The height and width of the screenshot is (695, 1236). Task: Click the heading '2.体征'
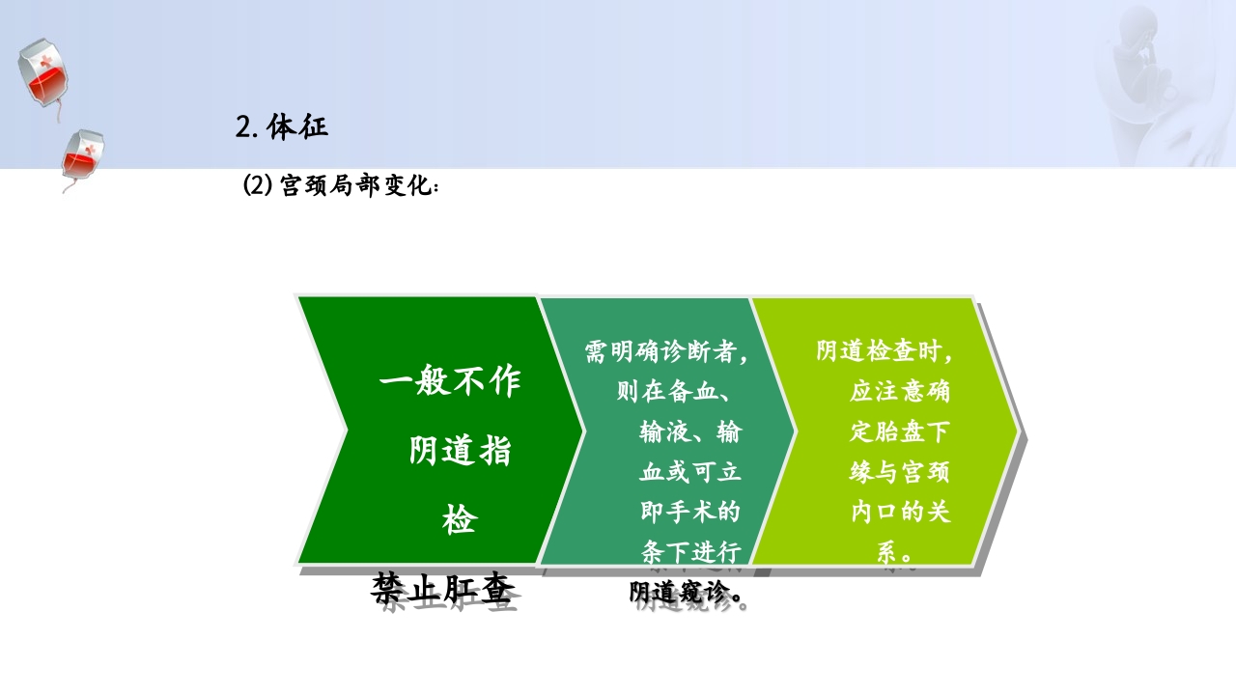pyautogui.click(x=282, y=126)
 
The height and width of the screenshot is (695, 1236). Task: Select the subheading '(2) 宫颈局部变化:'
pyautogui.click(x=341, y=185)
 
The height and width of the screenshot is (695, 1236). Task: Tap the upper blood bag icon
pyautogui.click(x=42, y=73)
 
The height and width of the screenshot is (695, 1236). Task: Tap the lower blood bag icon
pyautogui.click(x=83, y=156)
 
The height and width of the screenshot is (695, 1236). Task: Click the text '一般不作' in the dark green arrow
pyautogui.click(x=450, y=382)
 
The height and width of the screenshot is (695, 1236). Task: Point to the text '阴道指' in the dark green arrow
pyautogui.click(x=460, y=451)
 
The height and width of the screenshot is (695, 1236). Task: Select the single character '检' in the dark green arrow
pyautogui.click(x=460, y=520)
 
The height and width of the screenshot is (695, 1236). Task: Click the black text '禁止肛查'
pyautogui.click(x=441, y=589)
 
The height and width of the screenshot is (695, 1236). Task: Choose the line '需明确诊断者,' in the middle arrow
pyautogui.click(x=666, y=352)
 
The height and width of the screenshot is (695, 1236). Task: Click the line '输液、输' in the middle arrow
pyautogui.click(x=689, y=432)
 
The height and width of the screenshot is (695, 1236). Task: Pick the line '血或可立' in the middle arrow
pyautogui.click(x=689, y=472)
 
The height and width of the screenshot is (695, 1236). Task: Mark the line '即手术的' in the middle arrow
pyautogui.click(x=689, y=511)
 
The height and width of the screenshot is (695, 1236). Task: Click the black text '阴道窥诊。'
pyautogui.click(x=689, y=592)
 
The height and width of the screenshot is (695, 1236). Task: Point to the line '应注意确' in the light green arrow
pyautogui.click(x=900, y=392)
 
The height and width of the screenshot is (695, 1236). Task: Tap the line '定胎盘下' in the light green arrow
pyautogui.click(x=900, y=431)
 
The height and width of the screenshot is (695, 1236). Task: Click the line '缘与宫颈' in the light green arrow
pyautogui.click(x=900, y=472)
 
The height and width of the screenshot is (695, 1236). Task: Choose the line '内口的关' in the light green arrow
pyautogui.click(x=900, y=512)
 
